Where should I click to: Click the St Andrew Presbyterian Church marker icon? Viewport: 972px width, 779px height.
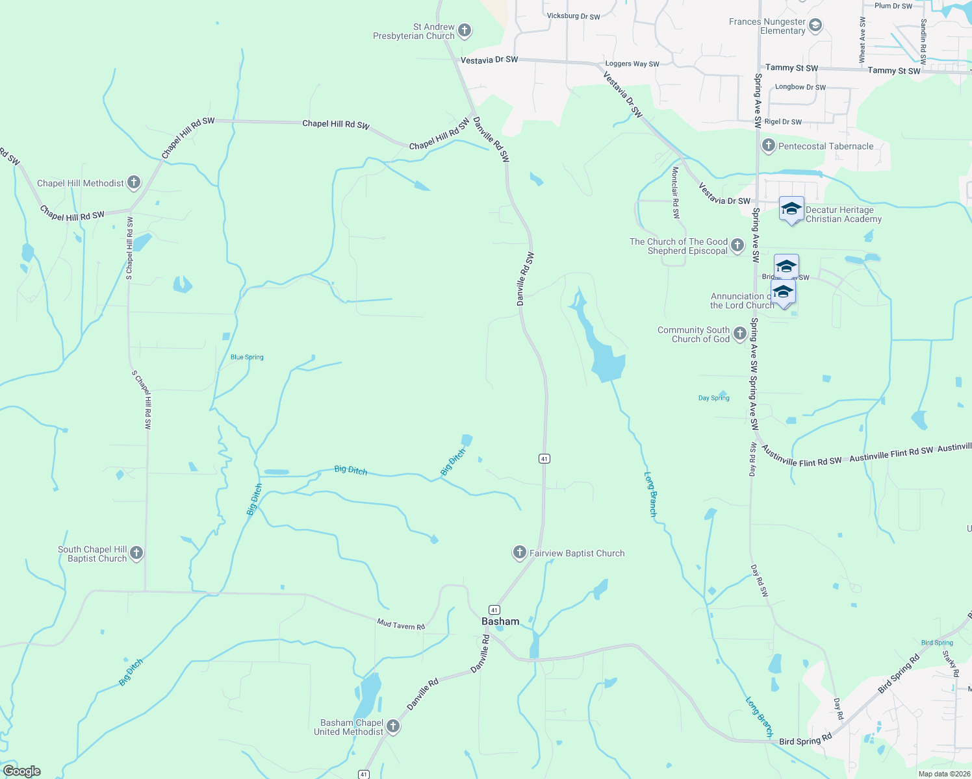pos(465,30)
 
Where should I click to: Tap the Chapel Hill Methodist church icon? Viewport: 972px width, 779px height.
pos(134,182)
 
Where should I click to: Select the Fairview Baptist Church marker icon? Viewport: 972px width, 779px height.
pos(519,552)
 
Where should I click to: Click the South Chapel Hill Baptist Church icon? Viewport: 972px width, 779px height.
pos(136,553)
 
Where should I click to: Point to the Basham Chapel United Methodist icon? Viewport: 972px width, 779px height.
pos(393,726)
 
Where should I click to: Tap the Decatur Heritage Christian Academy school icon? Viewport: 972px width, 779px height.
pos(791,209)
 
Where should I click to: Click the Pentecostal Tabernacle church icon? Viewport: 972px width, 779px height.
pos(769,145)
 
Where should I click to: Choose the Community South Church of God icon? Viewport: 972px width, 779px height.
pos(740,334)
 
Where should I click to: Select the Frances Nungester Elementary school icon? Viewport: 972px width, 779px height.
pos(816,26)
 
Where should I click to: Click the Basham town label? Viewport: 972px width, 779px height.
pos(500,621)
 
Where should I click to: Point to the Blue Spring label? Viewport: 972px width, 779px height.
pos(247,357)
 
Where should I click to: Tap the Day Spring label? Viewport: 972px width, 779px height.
pos(713,398)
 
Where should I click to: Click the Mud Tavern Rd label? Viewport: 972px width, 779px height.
pos(401,625)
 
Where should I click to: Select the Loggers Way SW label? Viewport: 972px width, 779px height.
pos(632,64)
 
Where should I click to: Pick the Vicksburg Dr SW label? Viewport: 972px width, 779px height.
pos(573,16)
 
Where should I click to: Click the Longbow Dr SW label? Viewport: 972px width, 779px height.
pos(800,87)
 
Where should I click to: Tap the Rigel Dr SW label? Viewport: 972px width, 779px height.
pos(783,122)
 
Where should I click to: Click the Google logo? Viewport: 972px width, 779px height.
pos(22,771)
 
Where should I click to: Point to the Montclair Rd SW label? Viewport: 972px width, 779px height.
pos(676,192)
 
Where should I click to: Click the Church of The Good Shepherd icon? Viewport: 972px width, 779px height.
pos(737,245)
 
